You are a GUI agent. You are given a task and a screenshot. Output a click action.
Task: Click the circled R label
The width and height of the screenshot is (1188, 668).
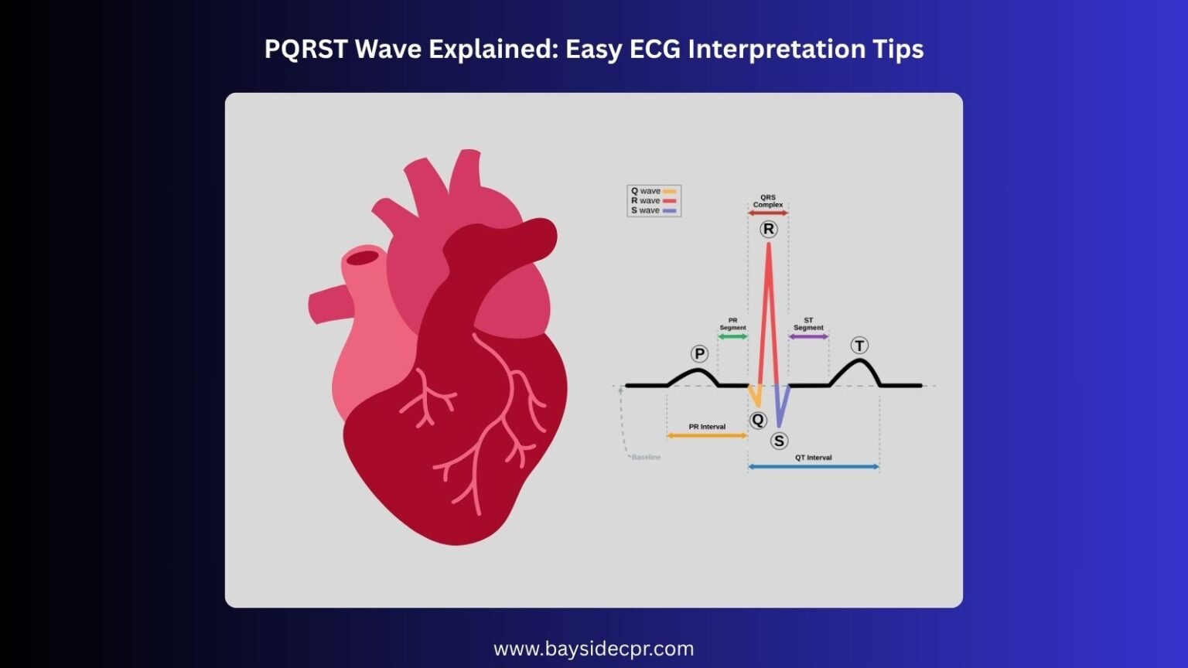tap(768, 229)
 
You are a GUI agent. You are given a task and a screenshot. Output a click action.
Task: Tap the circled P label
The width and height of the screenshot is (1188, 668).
tap(699, 354)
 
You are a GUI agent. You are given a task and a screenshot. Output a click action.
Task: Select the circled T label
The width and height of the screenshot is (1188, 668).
tap(859, 346)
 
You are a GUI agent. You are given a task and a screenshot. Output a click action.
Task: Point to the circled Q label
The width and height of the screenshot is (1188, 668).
tap(758, 420)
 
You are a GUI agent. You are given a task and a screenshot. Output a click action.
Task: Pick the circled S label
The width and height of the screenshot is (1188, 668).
tap(779, 441)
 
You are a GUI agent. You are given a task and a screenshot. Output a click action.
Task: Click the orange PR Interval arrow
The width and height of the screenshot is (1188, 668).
tap(707, 436)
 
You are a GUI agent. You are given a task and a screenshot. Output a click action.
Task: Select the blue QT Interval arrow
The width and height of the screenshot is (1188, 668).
tap(814, 467)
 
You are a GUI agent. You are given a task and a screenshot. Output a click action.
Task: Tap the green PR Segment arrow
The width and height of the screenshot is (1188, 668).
tap(732, 337)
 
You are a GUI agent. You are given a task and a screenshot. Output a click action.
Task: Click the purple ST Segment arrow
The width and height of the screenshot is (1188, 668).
tap(808, 337)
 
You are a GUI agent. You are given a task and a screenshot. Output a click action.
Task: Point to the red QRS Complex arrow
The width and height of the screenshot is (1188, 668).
tap(768, 213)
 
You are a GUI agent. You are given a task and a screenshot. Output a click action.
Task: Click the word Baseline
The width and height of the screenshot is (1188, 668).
tap(646, 458)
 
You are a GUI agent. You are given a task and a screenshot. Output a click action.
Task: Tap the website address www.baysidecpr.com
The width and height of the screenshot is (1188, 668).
tap(593, 649)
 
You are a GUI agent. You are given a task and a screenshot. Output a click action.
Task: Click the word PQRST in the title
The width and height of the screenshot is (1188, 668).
tap(306, 49)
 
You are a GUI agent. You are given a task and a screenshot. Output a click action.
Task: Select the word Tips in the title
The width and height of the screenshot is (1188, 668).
tap(900, 49)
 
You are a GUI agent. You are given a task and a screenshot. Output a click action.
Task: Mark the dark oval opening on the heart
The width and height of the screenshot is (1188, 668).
tap(362, 257)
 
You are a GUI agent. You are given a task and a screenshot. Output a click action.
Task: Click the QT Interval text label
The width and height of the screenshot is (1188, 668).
tap(814, 458)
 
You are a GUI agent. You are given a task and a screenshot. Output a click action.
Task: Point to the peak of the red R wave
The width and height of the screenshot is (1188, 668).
tap(768, 246)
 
